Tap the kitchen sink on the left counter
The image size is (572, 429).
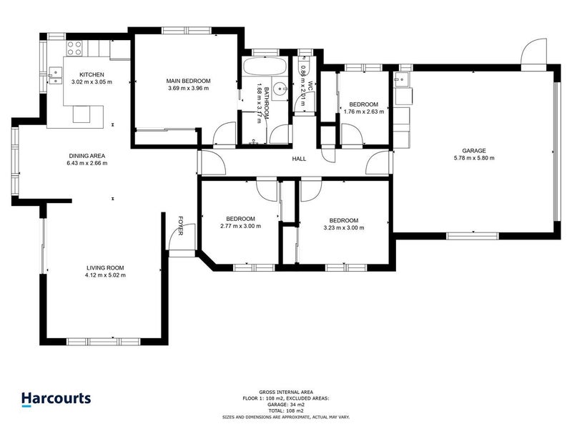(x=54, y=71)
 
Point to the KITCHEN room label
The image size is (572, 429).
(x=92, y=74)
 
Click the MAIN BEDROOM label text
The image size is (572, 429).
(x=187, y=81)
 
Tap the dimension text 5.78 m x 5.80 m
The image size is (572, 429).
(x=473, y=158)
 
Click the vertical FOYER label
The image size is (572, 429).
(x=181, y=225)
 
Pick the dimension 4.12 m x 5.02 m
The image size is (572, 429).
(x=105, y=275)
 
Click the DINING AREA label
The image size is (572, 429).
(x=88, y=155)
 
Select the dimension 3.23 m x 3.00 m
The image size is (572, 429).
(x=343, y=227)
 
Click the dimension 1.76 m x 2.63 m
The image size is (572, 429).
(x=364, y=112)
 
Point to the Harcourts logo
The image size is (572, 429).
(x=56, y=398)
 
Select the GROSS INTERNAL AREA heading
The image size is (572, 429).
(x=286, y=393)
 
